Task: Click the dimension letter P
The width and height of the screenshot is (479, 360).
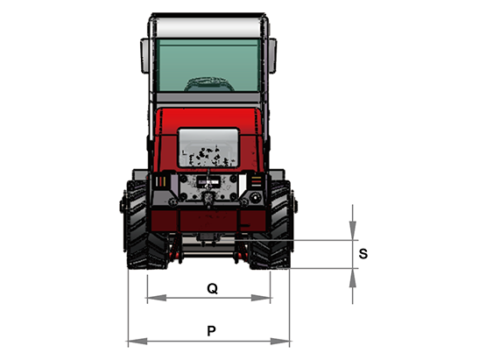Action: (x=211, y=331)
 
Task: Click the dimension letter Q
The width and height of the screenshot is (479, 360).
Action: (x=212, y=288)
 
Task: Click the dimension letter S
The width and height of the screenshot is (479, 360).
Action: (x=363, y=254)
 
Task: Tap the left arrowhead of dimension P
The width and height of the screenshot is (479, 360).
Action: (x=137, y=341)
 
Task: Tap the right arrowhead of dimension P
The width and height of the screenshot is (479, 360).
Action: (x=280, y=341)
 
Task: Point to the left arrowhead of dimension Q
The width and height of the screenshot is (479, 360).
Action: (x=157, y=298)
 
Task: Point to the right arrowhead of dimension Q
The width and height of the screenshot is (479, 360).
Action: (x=261, y=298)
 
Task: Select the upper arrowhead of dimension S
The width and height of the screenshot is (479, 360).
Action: (x=353, y=230)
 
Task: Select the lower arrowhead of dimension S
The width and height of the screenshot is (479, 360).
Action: (x=353, y=278)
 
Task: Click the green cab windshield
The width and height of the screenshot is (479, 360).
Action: (x=208, y=65)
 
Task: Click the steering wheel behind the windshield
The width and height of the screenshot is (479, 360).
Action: (x=209, y=85)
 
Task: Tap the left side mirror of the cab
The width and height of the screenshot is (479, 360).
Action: (x=144, y=55)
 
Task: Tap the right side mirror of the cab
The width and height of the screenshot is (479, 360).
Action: (x=272, y=55)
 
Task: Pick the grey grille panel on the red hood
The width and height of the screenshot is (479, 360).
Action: (x=208, y=148)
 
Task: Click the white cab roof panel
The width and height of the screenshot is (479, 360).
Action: (x=208, y=27)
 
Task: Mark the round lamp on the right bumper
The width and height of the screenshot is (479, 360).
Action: (x=256, y=197)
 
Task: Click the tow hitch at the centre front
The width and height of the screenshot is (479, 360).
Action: (x=208, y=198)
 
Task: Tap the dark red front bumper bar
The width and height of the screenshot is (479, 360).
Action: (x=208, y=221)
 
